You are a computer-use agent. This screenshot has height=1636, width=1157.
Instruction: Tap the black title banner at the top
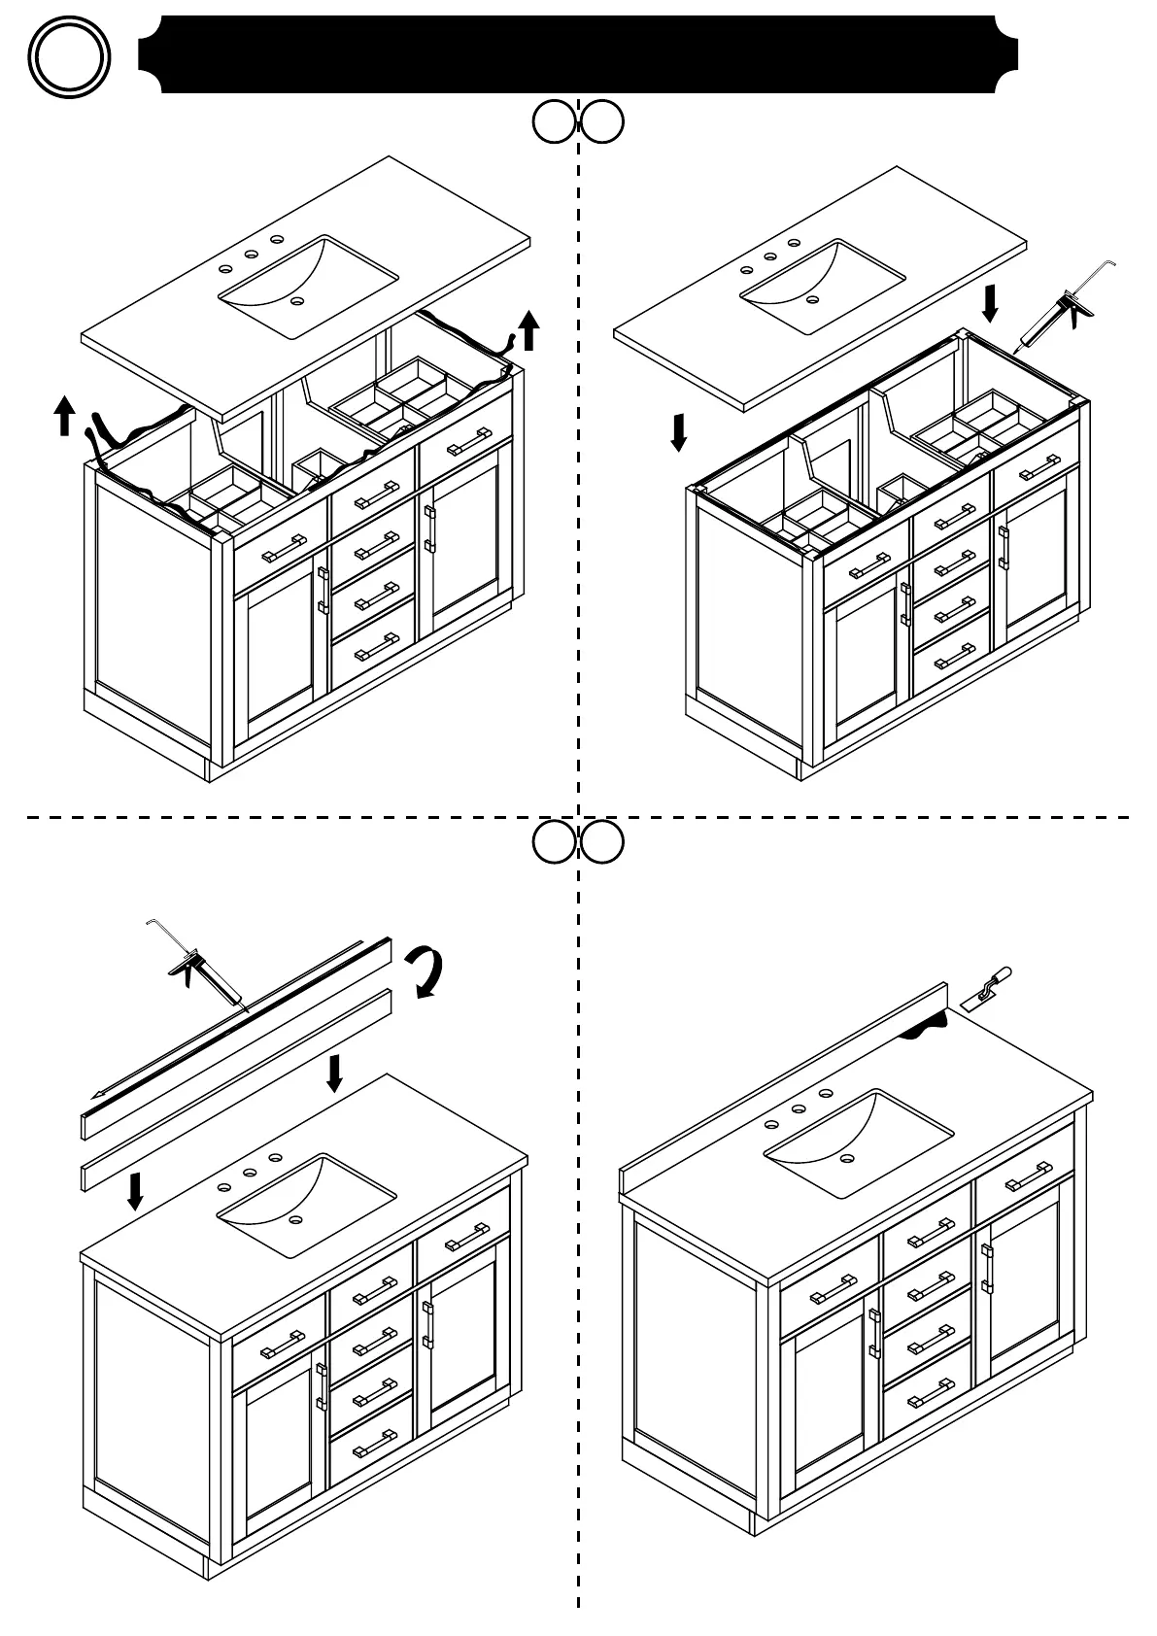pos(578,54)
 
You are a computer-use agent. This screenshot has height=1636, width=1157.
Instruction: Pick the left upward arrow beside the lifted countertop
pos(64,415)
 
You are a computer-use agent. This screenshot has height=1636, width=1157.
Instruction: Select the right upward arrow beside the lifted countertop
pos(528,330)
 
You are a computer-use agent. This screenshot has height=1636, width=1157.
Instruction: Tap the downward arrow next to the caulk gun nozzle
pos(990,303)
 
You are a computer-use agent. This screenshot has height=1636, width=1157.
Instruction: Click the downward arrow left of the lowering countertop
pos(679,432)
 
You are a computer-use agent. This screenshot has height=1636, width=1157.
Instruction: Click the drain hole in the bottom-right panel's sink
pos(848,1158)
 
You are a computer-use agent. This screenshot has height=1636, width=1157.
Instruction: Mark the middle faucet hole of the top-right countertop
pos(769,257)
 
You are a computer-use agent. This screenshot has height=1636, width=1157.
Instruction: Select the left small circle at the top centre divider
pos(555,122)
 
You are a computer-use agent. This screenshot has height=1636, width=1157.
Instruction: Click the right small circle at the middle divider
pos(602,843)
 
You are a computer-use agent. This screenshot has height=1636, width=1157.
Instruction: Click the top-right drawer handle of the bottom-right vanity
pos(1026,1177)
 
